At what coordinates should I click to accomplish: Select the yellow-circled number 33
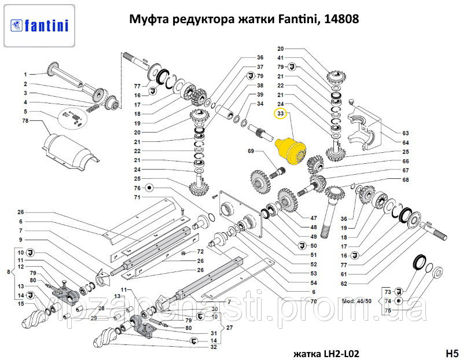(x=281, y=113)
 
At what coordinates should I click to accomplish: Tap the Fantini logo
(x=38, y=25)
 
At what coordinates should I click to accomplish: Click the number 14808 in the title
(x=342, y=20)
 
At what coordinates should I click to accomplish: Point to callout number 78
(x=25, y=121)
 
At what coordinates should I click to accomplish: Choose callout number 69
(x=251, y=151)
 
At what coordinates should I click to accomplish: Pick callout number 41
(x=281, y=58)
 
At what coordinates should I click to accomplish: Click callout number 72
(x=200, y=252)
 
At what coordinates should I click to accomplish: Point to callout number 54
(x=313, y=282)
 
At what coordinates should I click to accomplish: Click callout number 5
(x=25, y=111)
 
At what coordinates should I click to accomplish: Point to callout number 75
(x=388, y=311)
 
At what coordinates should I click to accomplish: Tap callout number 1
(x=25, y=74)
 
